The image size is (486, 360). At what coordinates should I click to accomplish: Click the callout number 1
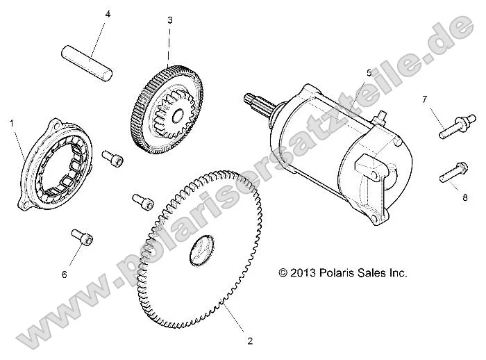point(12,122)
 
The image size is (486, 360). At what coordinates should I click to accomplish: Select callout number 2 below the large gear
point(250,341)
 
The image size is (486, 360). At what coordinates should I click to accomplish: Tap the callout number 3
point(170,20)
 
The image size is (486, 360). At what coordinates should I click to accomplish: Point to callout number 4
point(108,14)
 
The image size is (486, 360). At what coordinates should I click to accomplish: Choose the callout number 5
point(369,72)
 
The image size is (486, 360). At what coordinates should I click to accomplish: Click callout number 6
point(65,275)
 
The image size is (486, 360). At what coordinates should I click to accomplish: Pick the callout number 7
point(424,99)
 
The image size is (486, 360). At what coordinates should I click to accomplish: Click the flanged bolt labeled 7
point(451,127)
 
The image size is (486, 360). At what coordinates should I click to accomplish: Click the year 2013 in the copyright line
point(303,273)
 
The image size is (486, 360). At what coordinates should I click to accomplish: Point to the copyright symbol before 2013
point(283,273)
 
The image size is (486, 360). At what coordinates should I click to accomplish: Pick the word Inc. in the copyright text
point(396,273)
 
